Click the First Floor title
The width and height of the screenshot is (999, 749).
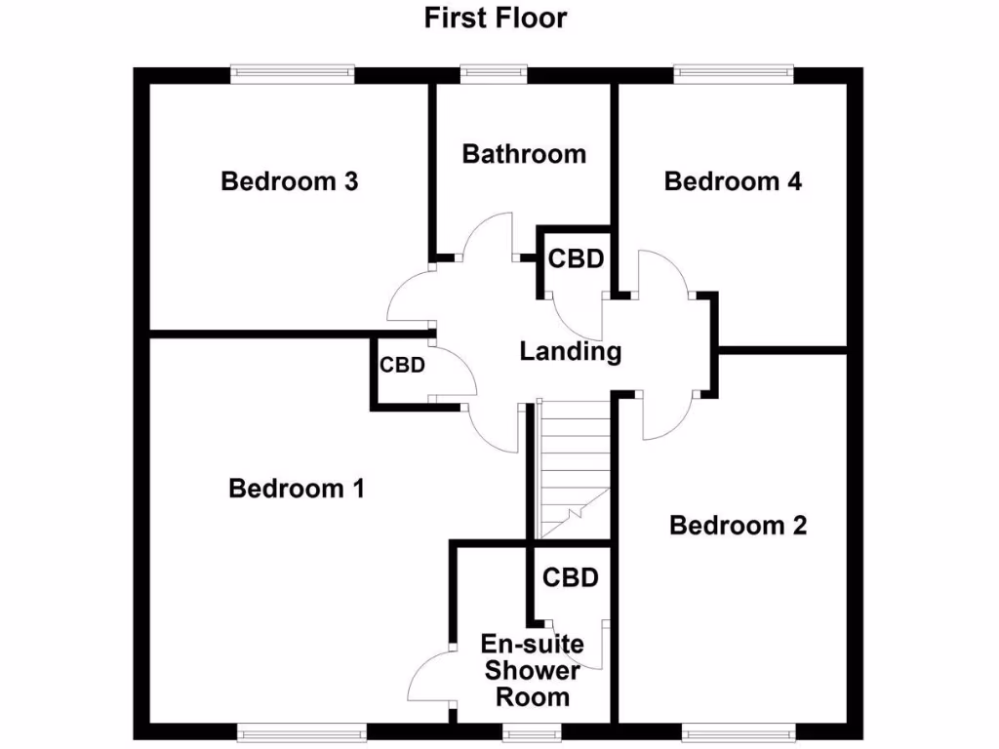tap(495, 18)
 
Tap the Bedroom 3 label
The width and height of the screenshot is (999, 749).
tap(290, 181)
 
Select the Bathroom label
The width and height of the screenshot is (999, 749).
tap(524, 154)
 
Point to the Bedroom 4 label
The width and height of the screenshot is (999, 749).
tap(733, 181)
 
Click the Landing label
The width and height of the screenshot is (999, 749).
tap(570, 351)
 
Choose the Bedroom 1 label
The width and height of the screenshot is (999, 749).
tap(297, 488)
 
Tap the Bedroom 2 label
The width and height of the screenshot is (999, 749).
tap(739, 526)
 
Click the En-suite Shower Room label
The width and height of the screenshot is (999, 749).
tap(533, 670)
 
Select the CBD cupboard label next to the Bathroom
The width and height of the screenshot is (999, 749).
tap(576, 259)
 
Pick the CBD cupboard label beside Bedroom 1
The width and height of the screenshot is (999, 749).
tap(402, 366)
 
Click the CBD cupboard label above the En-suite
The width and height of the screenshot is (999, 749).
tap(570, 578)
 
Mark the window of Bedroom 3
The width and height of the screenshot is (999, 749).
tap(291, 70)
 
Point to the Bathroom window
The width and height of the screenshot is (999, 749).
tap(494, 70)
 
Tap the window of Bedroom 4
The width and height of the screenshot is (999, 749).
tap(733, 70)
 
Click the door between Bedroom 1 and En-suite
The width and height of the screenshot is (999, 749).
tap(429, 678)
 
